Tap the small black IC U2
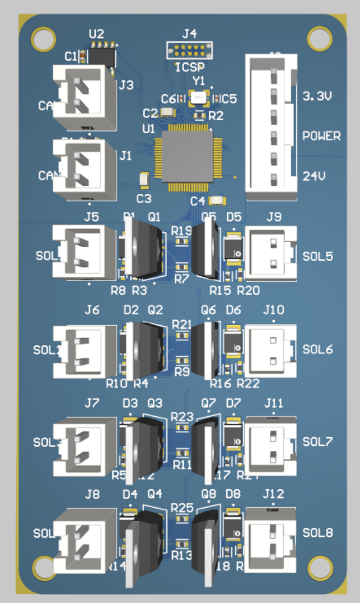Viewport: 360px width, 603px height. pos(101,56)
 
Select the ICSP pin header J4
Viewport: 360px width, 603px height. pos(189,51)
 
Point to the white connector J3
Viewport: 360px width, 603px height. pos(84,98)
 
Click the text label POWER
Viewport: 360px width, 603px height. pos(322,135)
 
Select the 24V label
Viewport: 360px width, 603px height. pos(314,176)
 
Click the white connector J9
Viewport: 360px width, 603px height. pos(271,254)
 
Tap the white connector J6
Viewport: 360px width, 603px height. pos(84,351)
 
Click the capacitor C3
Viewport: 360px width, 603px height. pos(144,179)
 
